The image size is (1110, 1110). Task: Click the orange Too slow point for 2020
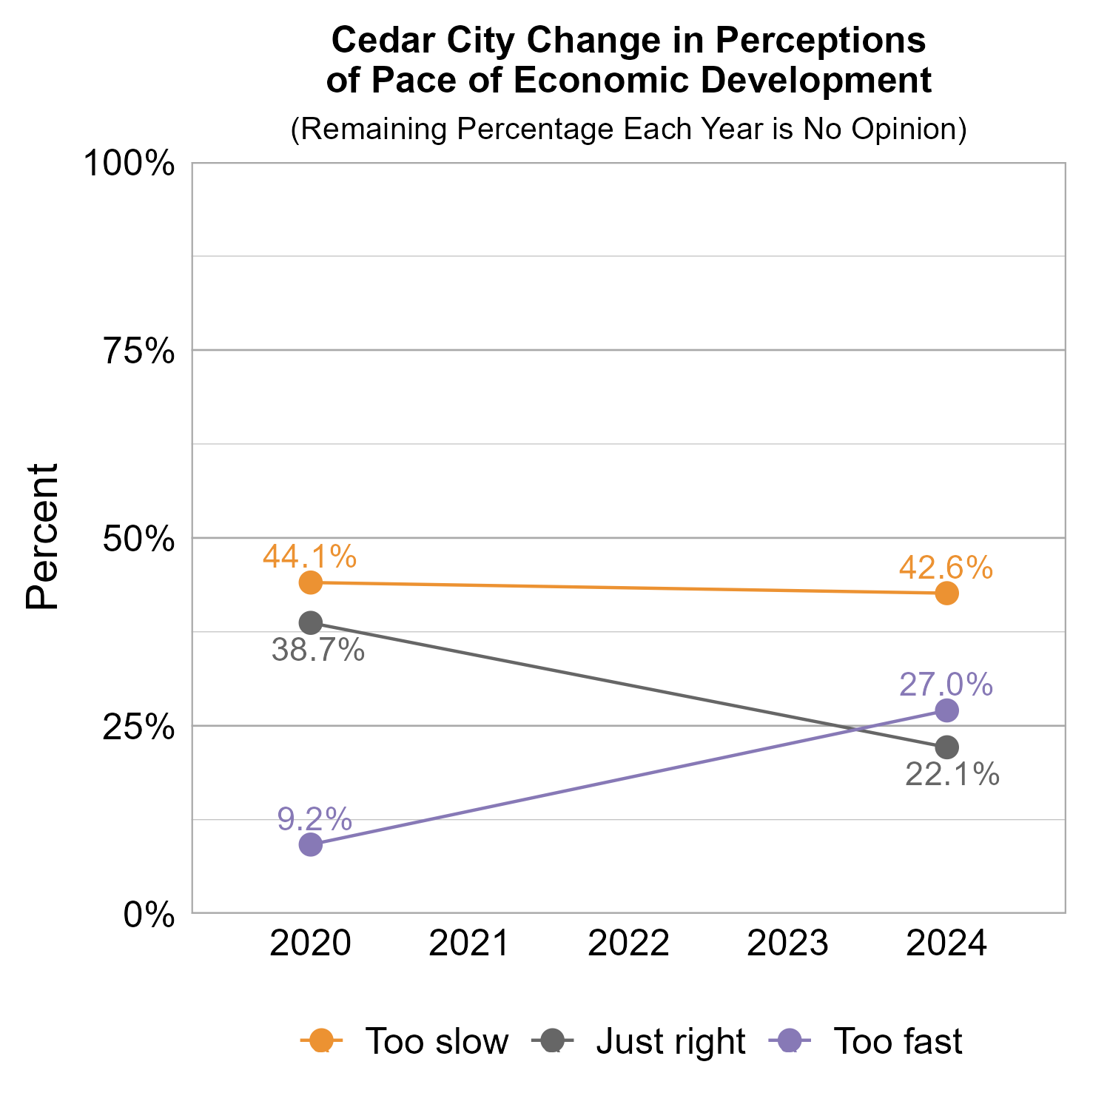pyautogui.click(x=311, y=582)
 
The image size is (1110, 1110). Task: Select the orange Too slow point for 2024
pyautogui.click(x=946, y=593)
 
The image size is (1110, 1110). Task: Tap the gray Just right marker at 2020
pyautogui.click(x=311, y=622)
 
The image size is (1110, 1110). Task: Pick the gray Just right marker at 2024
pyautogui.click(x=946, y=747)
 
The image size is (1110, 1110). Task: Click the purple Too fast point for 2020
pyautogui.click(x=311, y=844)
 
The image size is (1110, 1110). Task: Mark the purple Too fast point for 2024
pyautogui.click(x=946, y=710)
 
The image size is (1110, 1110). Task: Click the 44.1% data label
pyautogui.click(x=309, y=556)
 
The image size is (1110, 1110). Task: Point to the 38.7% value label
pyautogui.click(x=318, y=650)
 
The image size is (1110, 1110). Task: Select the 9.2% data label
pyautogui.click(x=314, y=819)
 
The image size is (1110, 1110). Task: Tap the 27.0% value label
pyautogui.click(x=946, y=684)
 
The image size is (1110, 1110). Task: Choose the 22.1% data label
pyautogui.click(x=952, y=775)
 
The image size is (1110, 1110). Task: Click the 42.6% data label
pyautogui.click(x=946, y=568)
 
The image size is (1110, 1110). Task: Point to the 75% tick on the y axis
pyautogui.click(x=138, y=351)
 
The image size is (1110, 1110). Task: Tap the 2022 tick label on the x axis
pyautogui.click(x=628, y=944)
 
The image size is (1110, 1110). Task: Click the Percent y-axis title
pyautogui.click(x=42, y=537)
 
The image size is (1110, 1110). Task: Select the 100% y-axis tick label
pyautogui.click(x=129, y=164)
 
